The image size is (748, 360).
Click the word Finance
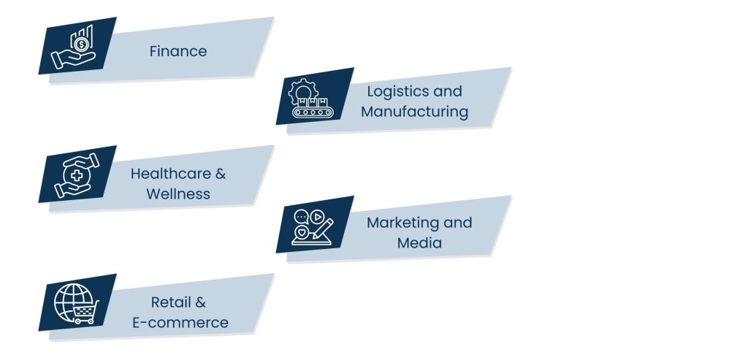[x=178, y=51]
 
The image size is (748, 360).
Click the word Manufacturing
[x=414, y=112]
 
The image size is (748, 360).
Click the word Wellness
[x=178, y=194]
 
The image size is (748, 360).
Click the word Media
[x=419, y=242]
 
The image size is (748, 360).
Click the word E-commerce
[x=180, y=322]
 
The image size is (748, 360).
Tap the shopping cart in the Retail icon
[x=85, y=314]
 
